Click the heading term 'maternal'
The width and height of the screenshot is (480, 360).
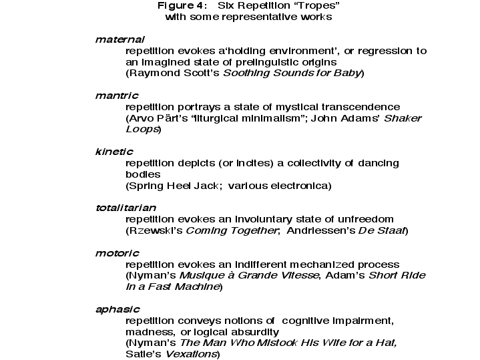(x=120, y=39)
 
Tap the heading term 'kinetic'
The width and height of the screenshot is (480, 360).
(x=114, y=152)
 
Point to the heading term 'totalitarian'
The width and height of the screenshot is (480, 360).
(x=126, y=208)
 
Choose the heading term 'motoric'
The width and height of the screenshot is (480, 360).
(x=117, y=253)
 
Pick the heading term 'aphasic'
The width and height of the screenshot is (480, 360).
(x=117, y=309)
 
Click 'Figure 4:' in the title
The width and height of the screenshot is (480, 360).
(x=180, y=5)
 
